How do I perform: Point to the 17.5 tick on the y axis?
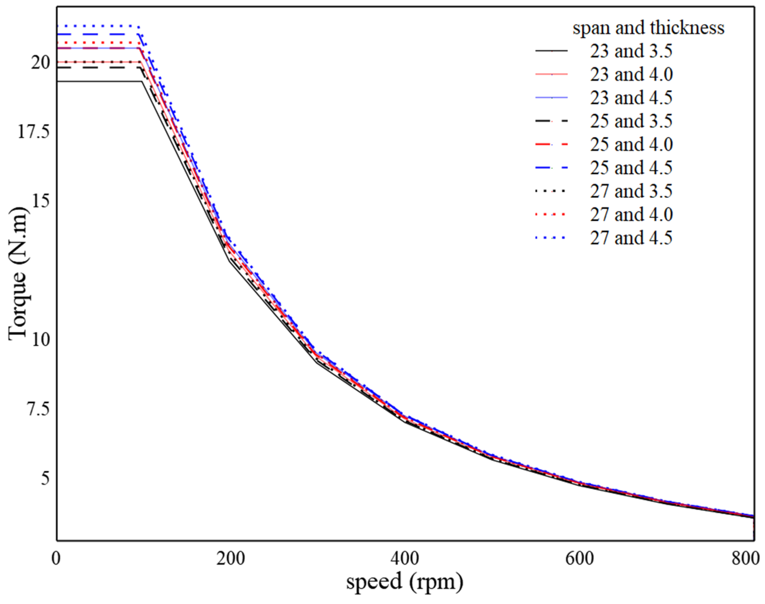pyautogui.click(x=34, y=132)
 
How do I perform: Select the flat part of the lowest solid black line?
pyautogui.click(x=99, y=82)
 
